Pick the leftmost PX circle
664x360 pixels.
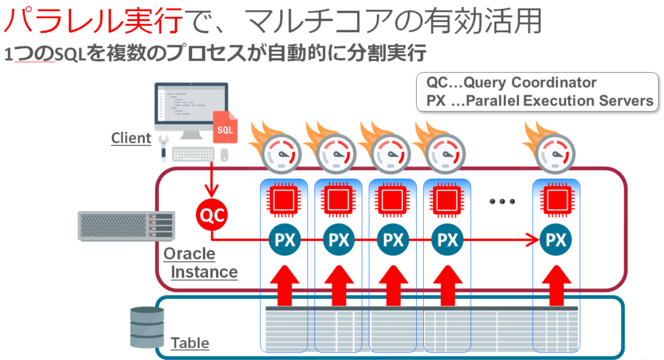coord(284,239)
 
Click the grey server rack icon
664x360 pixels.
coord(127,226)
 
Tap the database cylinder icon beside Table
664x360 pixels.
coord(144,328)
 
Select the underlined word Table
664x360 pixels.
coord(190,343)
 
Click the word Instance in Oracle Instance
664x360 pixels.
coord(205,272)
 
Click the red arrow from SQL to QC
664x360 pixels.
coord(209,179)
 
